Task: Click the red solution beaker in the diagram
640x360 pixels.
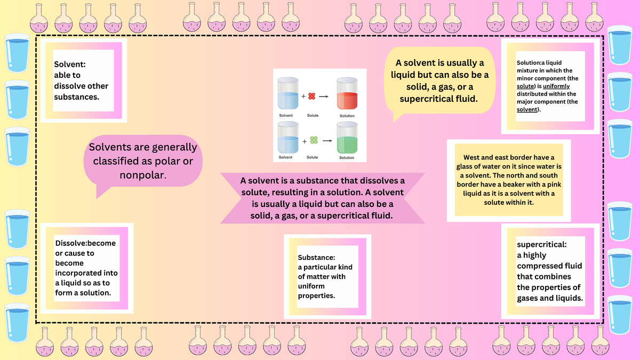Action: tap(347, 95)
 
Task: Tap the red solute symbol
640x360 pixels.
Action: tap(313, 96)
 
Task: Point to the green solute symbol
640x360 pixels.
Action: tap(314, 140)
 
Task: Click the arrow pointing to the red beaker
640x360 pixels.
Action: tap(323, 97)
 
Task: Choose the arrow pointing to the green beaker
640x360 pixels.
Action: tap(325, 140)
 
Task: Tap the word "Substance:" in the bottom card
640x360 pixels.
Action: tap(316, 257)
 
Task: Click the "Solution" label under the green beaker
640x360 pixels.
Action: tap(347, 158)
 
